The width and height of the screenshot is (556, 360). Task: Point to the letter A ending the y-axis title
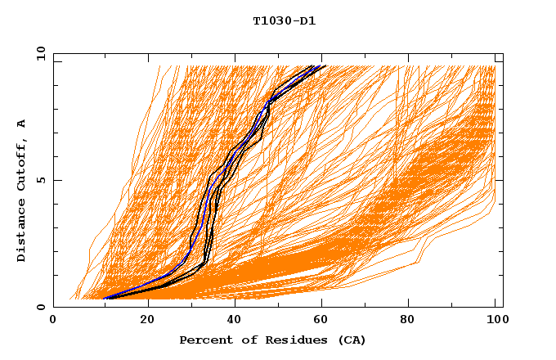21,124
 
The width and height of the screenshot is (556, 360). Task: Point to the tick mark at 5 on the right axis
500,180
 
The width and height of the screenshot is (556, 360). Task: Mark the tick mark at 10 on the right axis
500,54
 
